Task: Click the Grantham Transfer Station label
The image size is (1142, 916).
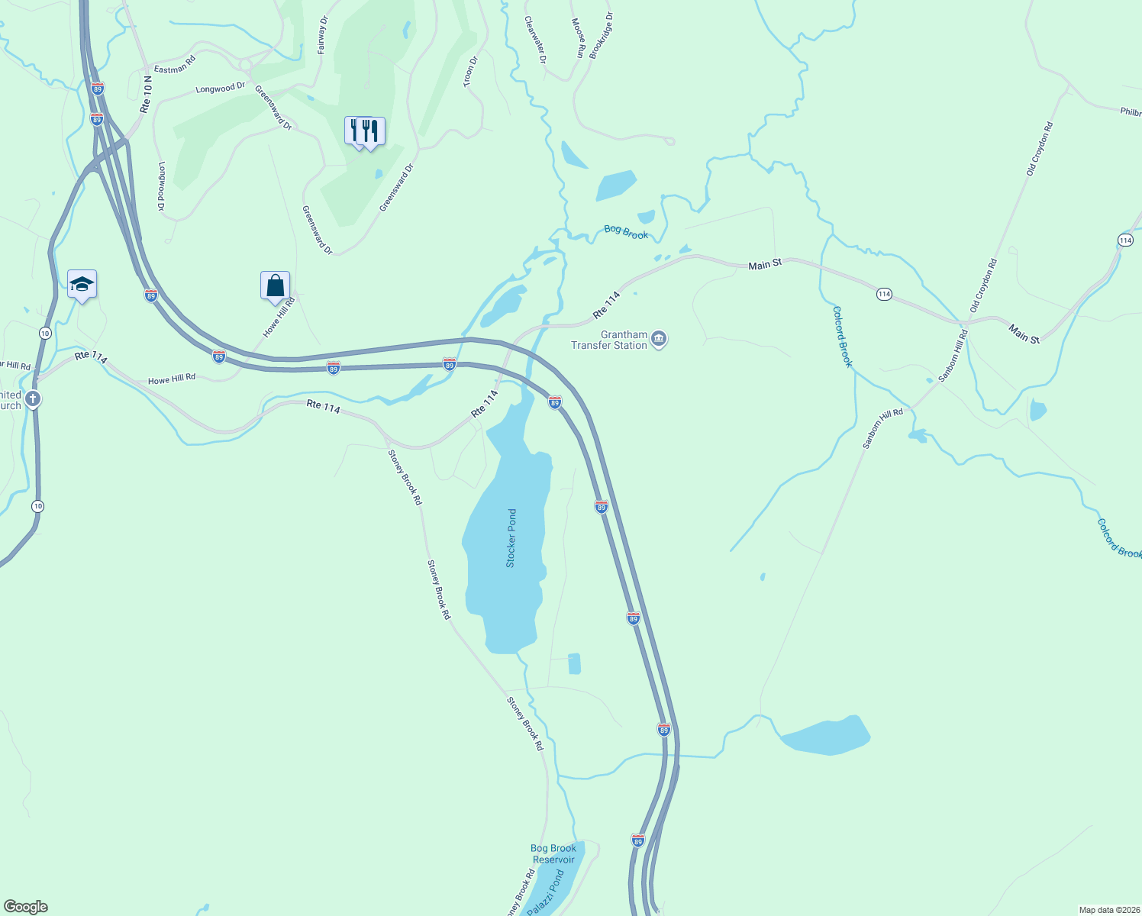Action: tap(609, 340)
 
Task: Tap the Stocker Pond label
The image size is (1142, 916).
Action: tap(511, 538)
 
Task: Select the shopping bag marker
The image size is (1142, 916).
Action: tap(275, 286)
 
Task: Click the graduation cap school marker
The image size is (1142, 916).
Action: tap(82, 285)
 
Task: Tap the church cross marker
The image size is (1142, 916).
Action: tap(33, 398)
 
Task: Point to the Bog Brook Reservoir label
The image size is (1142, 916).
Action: tap(553, 853)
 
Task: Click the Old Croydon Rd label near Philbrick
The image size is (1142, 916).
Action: tap(1039, 150)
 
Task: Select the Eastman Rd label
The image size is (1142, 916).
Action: tap(175, 64)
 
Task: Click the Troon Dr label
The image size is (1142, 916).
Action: tap(470, 71)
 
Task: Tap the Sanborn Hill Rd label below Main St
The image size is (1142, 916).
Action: tap(953, 355)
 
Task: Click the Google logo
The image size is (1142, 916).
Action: tap(25, 907)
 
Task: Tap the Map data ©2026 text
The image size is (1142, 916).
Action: tap(1108, 910)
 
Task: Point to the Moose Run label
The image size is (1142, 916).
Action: tap(578, 39)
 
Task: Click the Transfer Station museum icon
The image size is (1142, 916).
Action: tap(660, 339)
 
